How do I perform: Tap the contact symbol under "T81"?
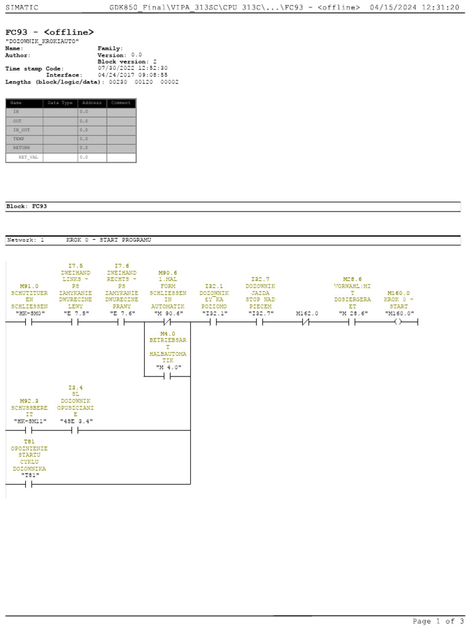tap(29, 484)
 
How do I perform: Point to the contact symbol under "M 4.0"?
tap(167, 377)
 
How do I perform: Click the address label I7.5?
tap(76, 266)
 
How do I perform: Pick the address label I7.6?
tap(121, 266)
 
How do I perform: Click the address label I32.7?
tap(260, 279)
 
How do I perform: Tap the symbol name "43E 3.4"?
tap(76, 421)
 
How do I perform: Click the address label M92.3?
tap(29, 401)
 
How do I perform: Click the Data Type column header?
tap(60, 103)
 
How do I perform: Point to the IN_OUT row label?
tap(21, 130)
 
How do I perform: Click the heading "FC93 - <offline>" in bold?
tap(50, 32)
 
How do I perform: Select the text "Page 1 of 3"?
tap(438, 621)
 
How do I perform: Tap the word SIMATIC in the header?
tap(22, 7)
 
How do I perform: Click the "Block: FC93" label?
tap(26, 207)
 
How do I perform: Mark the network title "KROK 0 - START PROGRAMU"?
tap(109, 240)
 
